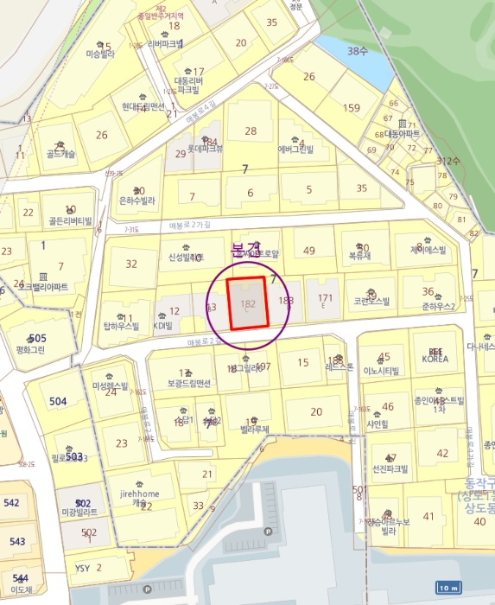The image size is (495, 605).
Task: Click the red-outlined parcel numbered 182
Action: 248,303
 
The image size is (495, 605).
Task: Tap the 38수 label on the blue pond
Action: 357,51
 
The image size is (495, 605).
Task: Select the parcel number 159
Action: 351,108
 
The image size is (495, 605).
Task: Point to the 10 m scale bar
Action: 447,588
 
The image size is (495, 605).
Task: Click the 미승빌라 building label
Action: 100,54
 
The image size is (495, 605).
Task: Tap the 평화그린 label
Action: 30,351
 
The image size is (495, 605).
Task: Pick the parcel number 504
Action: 58,401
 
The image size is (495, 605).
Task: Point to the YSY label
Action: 83,568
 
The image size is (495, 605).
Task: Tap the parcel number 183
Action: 286,301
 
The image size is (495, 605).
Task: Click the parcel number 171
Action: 325,298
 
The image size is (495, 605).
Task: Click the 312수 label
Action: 448,161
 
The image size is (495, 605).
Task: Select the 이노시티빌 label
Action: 381,370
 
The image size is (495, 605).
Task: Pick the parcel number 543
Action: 16,541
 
